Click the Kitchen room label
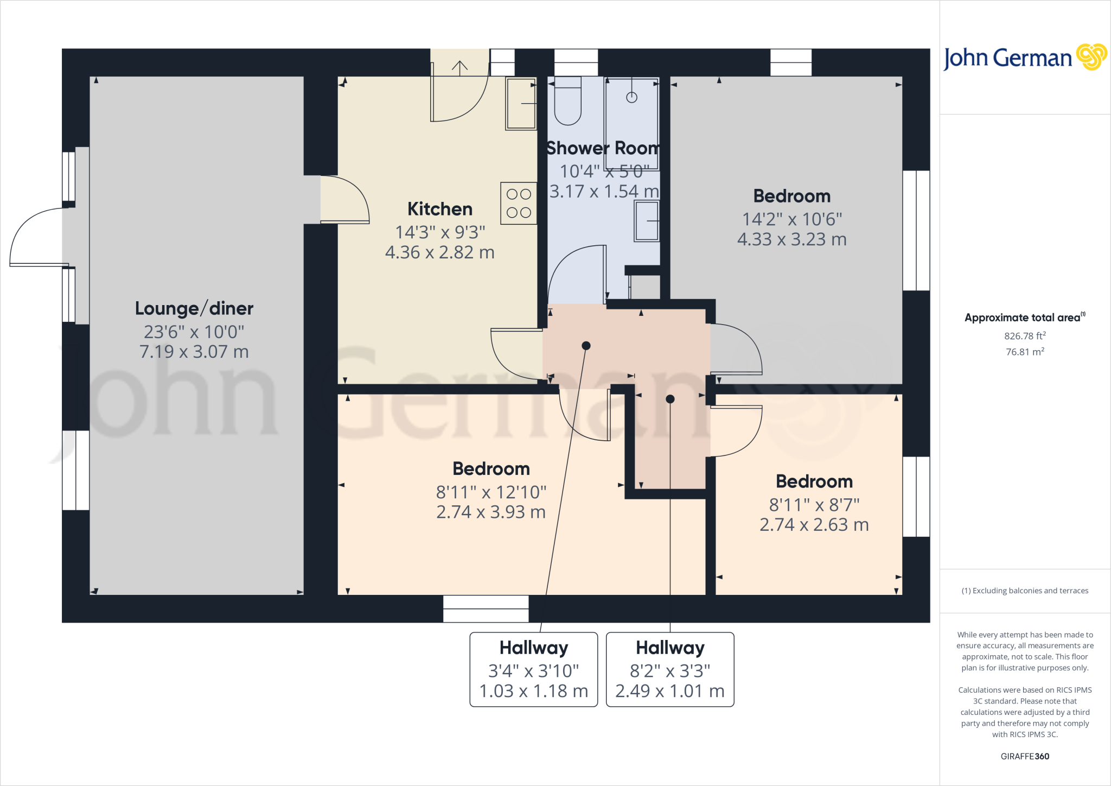(x=439, y=209)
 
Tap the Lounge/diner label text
(x=194, y=308)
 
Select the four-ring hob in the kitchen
(x=519, y=203)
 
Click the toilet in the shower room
(x=567, y=103)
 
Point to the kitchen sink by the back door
(x=521, y=103)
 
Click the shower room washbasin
(x=647, y=221)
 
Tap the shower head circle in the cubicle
(x=631, y=97)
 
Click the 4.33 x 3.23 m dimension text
(x=791, y=239)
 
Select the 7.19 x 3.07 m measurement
(x=194, y=352)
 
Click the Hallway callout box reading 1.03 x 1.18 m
(x=534, y=669)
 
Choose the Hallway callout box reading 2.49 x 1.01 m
(x=670, y=669)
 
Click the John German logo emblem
(x=1091, y=57)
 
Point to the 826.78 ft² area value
(x=1025, y=336)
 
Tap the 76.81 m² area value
(x=1025, y=352)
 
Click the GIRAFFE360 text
(x=1025, y=756)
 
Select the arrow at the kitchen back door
(x=459, y=68)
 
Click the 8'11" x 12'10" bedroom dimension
(x=491, y=492)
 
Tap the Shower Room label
(x=603, y=148)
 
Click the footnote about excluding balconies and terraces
(x=1025, y=591)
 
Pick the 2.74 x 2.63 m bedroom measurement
(x=814, y=525)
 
